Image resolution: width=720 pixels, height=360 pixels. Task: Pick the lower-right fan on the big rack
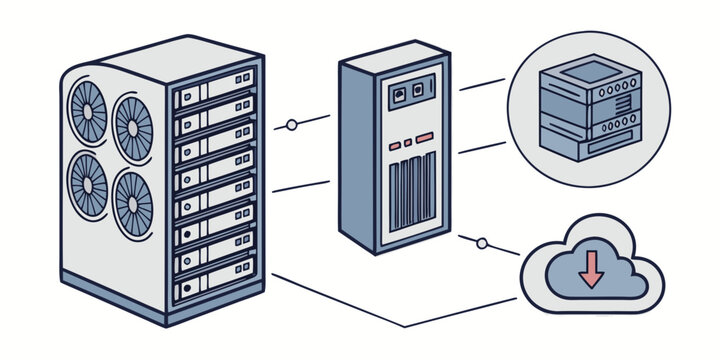click(x=132, y=202)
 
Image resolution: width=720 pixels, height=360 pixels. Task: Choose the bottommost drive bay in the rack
click(x=214, y=289)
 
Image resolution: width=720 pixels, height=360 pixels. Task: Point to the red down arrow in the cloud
click(x=591, y=269)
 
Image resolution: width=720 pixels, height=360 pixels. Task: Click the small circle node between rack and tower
click(x=291, y=125)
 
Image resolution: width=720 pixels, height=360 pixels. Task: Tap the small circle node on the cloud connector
click(x=482, y=242)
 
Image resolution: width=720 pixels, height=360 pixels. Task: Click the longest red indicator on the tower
click(x=424, y=137)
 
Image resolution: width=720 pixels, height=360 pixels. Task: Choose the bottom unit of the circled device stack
click(x=590, y=147)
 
